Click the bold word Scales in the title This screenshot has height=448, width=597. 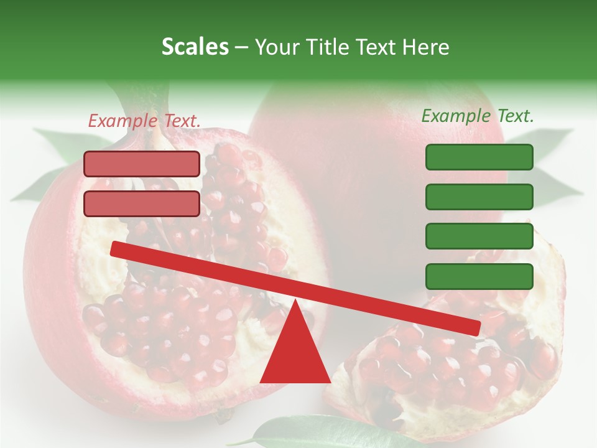[x=195, y=47]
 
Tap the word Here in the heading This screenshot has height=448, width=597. [x=426, y=47]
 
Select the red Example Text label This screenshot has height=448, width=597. [x=144, y=121]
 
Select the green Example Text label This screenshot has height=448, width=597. [x=478, y=116]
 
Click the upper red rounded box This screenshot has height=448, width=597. [x=142, y=164]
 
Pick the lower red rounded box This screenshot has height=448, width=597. [x=142, y=203]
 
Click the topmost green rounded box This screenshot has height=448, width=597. [x=479, y=157]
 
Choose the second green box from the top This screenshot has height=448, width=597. [x=479, y=197]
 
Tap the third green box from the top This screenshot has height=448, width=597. [x=479, y=236]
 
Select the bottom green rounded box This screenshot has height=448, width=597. [x=479, y=276]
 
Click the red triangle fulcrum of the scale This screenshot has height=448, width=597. [x=295, y=355]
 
